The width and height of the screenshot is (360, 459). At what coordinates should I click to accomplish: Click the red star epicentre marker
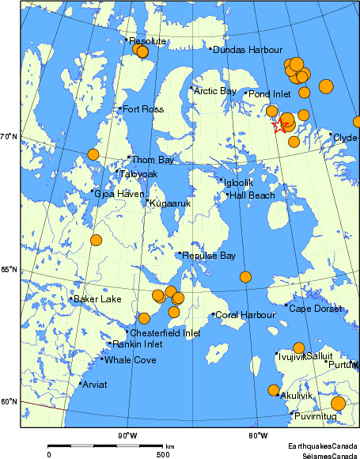pos(279,125)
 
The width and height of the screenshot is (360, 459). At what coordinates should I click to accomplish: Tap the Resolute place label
pos(147,41)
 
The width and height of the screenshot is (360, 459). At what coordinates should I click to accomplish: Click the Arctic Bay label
pos(215,91)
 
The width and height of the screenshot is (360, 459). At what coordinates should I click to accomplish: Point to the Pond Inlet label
pos(270,94)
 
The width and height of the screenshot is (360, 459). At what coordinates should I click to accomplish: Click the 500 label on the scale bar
pos(162,454)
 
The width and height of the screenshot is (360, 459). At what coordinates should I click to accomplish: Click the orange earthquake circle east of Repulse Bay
pos(245,277)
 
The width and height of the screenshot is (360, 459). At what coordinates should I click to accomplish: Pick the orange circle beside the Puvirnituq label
pos(338,404)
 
